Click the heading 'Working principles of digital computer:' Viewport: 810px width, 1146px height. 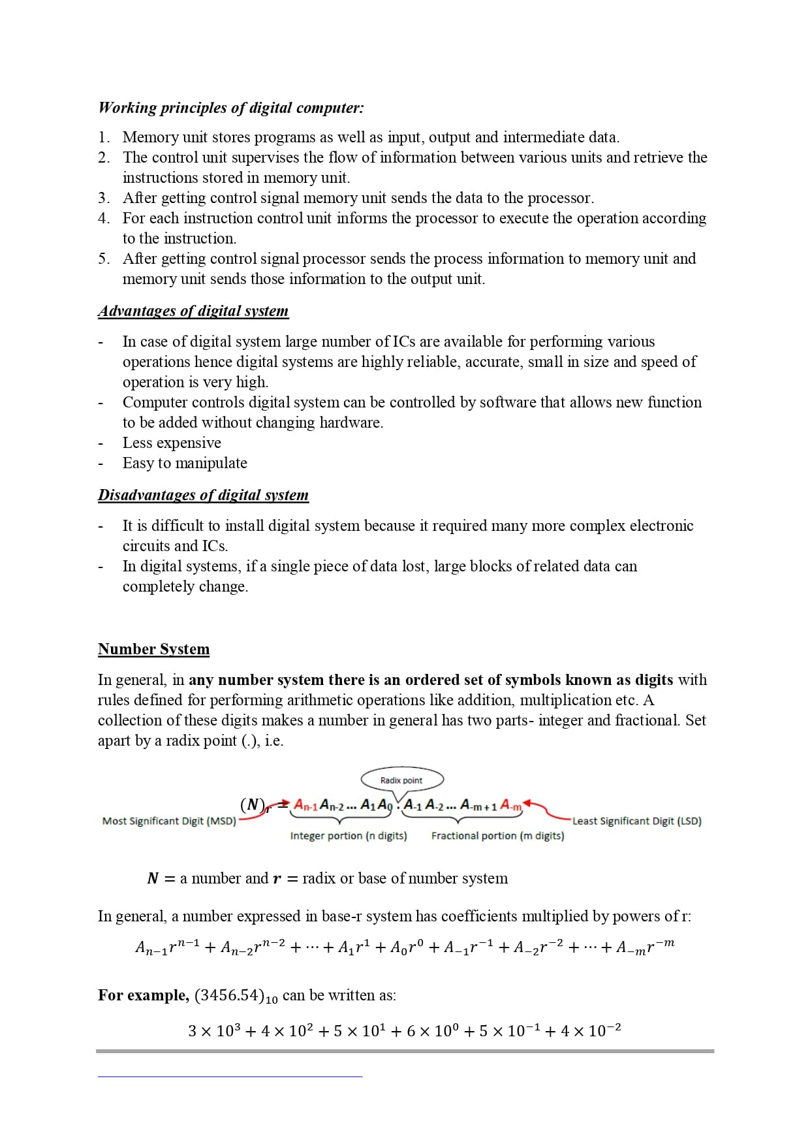231,108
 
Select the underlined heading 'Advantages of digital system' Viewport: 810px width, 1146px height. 193,311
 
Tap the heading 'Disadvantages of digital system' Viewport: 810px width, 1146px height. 203,495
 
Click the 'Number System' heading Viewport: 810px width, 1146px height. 153,649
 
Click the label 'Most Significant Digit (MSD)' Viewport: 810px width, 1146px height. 169,821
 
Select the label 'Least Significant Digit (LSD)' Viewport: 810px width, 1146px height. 636,821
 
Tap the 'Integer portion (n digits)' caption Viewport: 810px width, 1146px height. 349,836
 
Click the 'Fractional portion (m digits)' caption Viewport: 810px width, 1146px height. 497,836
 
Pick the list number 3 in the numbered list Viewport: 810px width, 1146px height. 103,198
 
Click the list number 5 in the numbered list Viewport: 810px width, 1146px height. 103,259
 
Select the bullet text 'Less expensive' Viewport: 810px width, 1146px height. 172,443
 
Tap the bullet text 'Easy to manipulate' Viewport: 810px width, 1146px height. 185,463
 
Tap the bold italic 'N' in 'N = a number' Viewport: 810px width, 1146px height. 153,878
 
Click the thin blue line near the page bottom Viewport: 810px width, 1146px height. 230,1076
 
